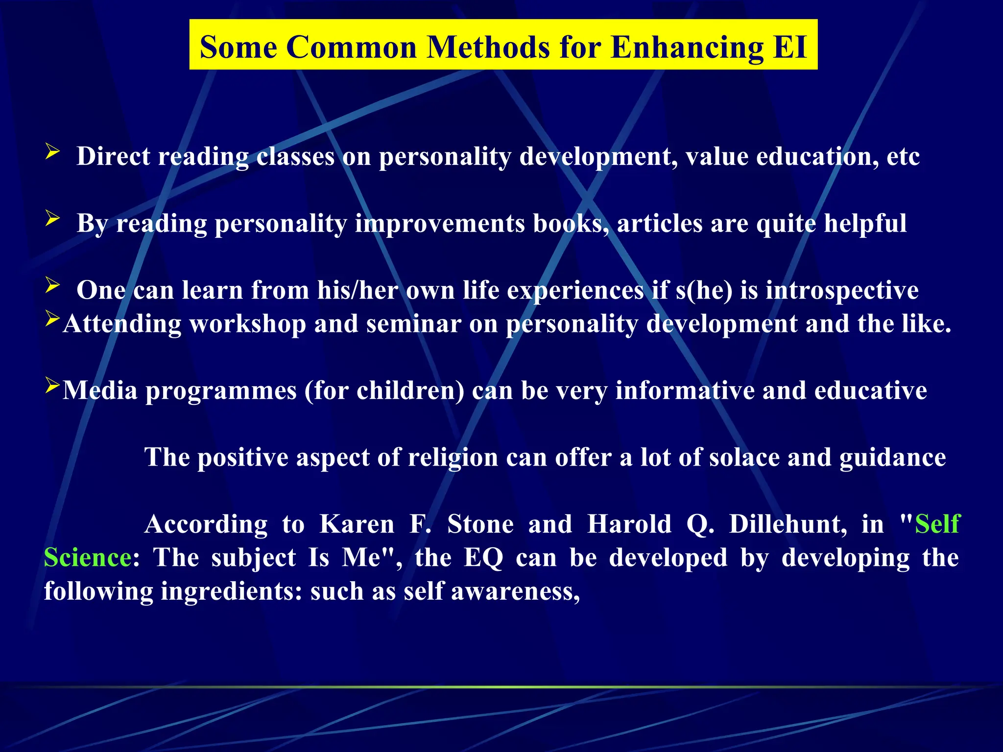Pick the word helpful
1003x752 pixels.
(865, 224)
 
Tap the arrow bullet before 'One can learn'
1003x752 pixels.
(52, 285)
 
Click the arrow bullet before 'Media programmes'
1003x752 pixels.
(52, 385)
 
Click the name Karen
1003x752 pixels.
(357, 524)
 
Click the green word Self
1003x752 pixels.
(937, 524)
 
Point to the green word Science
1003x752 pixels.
(88, 558)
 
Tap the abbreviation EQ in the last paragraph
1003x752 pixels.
(483, 558)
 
